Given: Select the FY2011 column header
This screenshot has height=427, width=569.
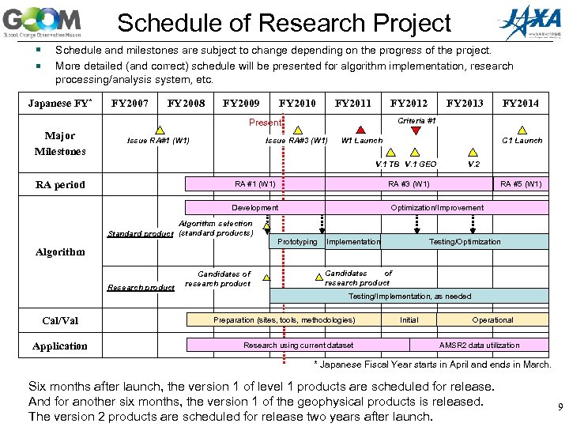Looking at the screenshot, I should (x=353, y=103).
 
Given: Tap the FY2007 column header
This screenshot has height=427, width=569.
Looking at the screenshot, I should (x=130, y=103).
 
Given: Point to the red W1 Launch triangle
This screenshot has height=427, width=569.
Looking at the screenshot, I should (x=360, y=130).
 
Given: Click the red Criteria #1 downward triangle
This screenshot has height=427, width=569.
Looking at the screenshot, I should (x=416, y=130).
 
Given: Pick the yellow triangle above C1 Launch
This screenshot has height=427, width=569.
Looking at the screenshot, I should (x=522, y=130).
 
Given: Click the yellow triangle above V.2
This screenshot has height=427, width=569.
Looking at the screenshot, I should (x=473, y=153).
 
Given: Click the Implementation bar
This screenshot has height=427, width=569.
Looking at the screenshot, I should (x=353, y=241).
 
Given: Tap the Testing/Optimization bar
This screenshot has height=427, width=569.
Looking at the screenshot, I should (x=465, y=241).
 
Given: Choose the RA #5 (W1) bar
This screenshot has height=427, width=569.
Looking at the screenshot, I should (x=520, y=184).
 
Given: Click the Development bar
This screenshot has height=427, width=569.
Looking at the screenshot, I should (x=254, y=207).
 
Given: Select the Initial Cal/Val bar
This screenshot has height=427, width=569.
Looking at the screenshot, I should (x=409, y=320).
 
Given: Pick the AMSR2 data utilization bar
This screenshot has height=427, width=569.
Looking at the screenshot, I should (x=479, y=345).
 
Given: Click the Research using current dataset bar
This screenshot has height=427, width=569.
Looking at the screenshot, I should (x=298, y=345).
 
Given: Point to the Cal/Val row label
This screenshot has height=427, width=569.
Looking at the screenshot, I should (x=60, y=321).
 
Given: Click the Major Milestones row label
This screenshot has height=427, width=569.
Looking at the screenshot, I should (x=60, y=143).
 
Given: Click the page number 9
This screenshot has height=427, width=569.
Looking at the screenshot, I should (x=560, y=407).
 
